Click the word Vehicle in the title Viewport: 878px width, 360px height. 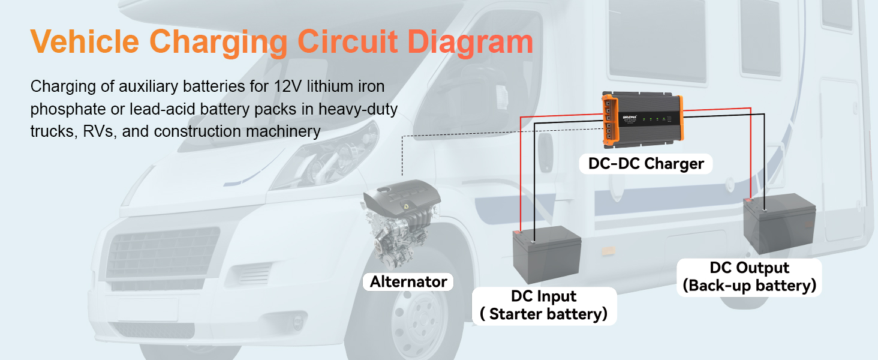pyautogui.click(x=85, y=41)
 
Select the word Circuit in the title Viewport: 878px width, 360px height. pyautogui.click(x=348, y=41)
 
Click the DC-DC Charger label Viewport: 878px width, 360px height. pyautogui.click(x=646, y=164)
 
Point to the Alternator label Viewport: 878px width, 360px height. pyautogui.click(x=408, y=281)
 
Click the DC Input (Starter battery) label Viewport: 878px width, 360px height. pyautogui.click(x=544, y=305)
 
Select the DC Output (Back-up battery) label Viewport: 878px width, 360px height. pyautogui.click(x=749, y=277)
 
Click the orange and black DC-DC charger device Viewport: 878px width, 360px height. pyautogui.click(x=643, y=119)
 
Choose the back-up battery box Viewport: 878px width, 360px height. pyautogui.click(x=779, y=224)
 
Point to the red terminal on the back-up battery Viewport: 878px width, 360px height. pyautogui.click(x=748, y=200)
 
